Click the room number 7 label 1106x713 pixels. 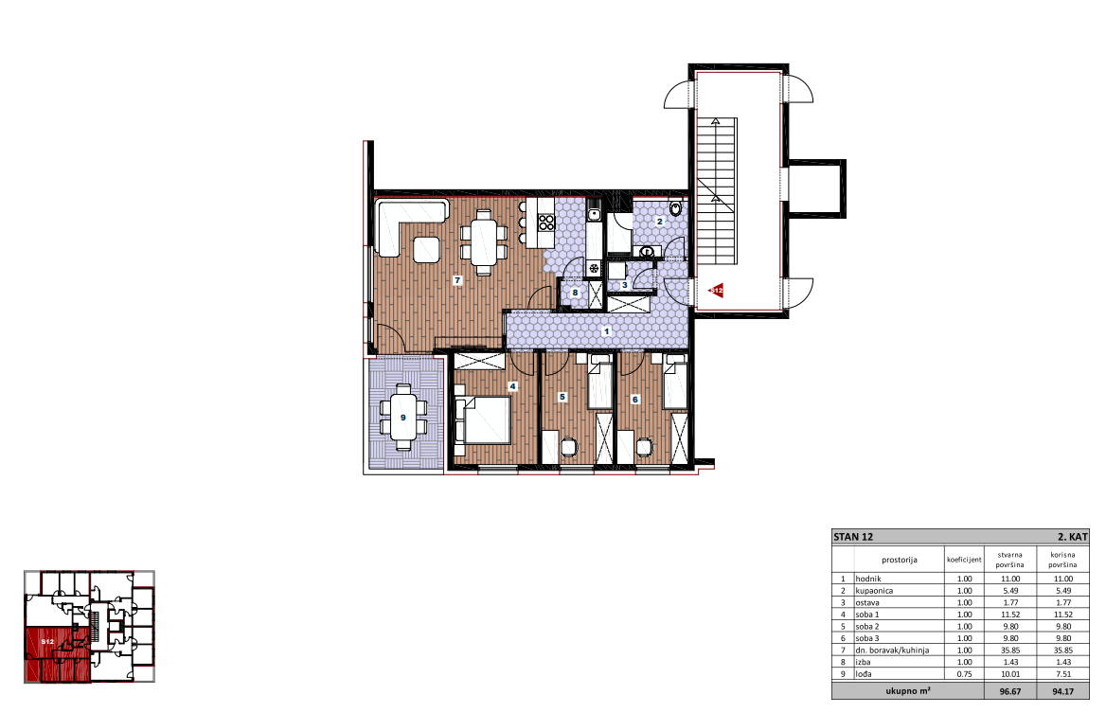tap(457, 280)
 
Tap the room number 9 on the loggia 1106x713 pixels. tap(402, 418)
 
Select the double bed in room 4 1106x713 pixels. tap(483, 419)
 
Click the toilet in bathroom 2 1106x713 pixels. tap(676, 208)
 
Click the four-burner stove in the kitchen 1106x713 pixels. tap(546, 223)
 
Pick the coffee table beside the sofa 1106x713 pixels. tap(426, 250)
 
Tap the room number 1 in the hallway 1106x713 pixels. tap(606, 330)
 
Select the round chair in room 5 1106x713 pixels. tap(568, 447)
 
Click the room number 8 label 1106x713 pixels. tap(575, 293)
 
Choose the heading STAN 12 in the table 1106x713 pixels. tap(853, 537)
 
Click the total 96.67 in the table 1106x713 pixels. tap(1010, 691)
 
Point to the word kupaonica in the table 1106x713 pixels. tap(874, 591)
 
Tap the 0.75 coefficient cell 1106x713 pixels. tap(964, 674)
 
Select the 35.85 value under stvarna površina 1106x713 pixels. tap(1010, 651)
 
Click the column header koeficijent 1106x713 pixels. tap(964, 560)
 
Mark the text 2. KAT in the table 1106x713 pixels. tap(1072, 537)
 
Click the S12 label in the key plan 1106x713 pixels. tap(47, 642)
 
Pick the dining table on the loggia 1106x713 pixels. tap(403, 418)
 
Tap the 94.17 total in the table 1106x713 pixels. tap(1062, 691)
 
